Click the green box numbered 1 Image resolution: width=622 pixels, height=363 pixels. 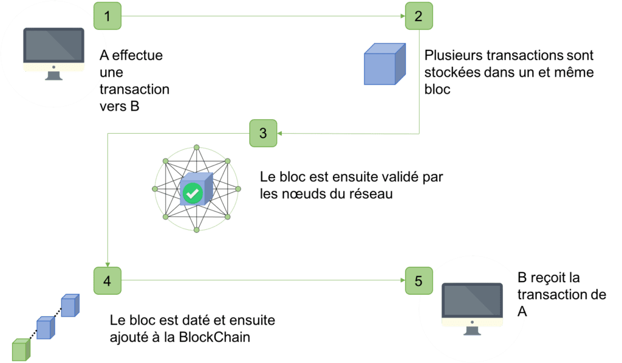(108, 16)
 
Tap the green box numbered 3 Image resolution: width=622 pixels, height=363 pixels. (263, 133)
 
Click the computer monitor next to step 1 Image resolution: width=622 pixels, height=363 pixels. (53, 52)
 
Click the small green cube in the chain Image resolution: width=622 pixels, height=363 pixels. (21, 350)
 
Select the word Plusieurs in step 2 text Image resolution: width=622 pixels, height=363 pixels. (450, 56)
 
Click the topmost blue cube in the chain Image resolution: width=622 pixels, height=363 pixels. (69, 305)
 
